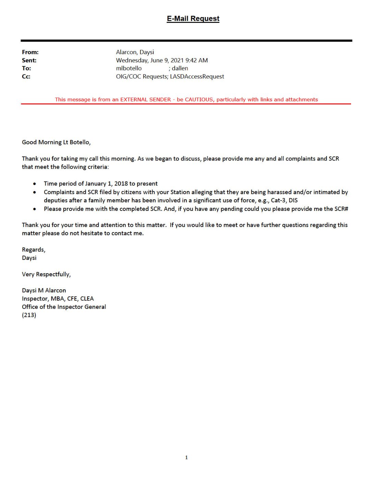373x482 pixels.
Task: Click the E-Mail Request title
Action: tap(193, 18)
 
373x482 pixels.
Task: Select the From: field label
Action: tap(30, 52)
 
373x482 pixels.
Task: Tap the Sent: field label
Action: tap(29, 60)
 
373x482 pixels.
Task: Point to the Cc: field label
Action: tap(26, 76)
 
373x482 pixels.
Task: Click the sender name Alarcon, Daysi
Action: tap(135, 52)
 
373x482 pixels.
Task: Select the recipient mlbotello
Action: tap(129, 68)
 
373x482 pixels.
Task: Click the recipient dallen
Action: tap(180, 68)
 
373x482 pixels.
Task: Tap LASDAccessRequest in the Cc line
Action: tap(197, 76)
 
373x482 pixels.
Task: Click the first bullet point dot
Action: tap(35, 184)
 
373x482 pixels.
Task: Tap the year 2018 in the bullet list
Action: tap(121, 183)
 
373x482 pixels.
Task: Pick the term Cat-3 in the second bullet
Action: tap(278, 200)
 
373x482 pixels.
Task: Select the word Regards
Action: tap(33, 250)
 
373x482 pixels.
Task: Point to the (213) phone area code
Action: tap(29, 315)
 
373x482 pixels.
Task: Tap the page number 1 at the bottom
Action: tap(186, 457)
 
